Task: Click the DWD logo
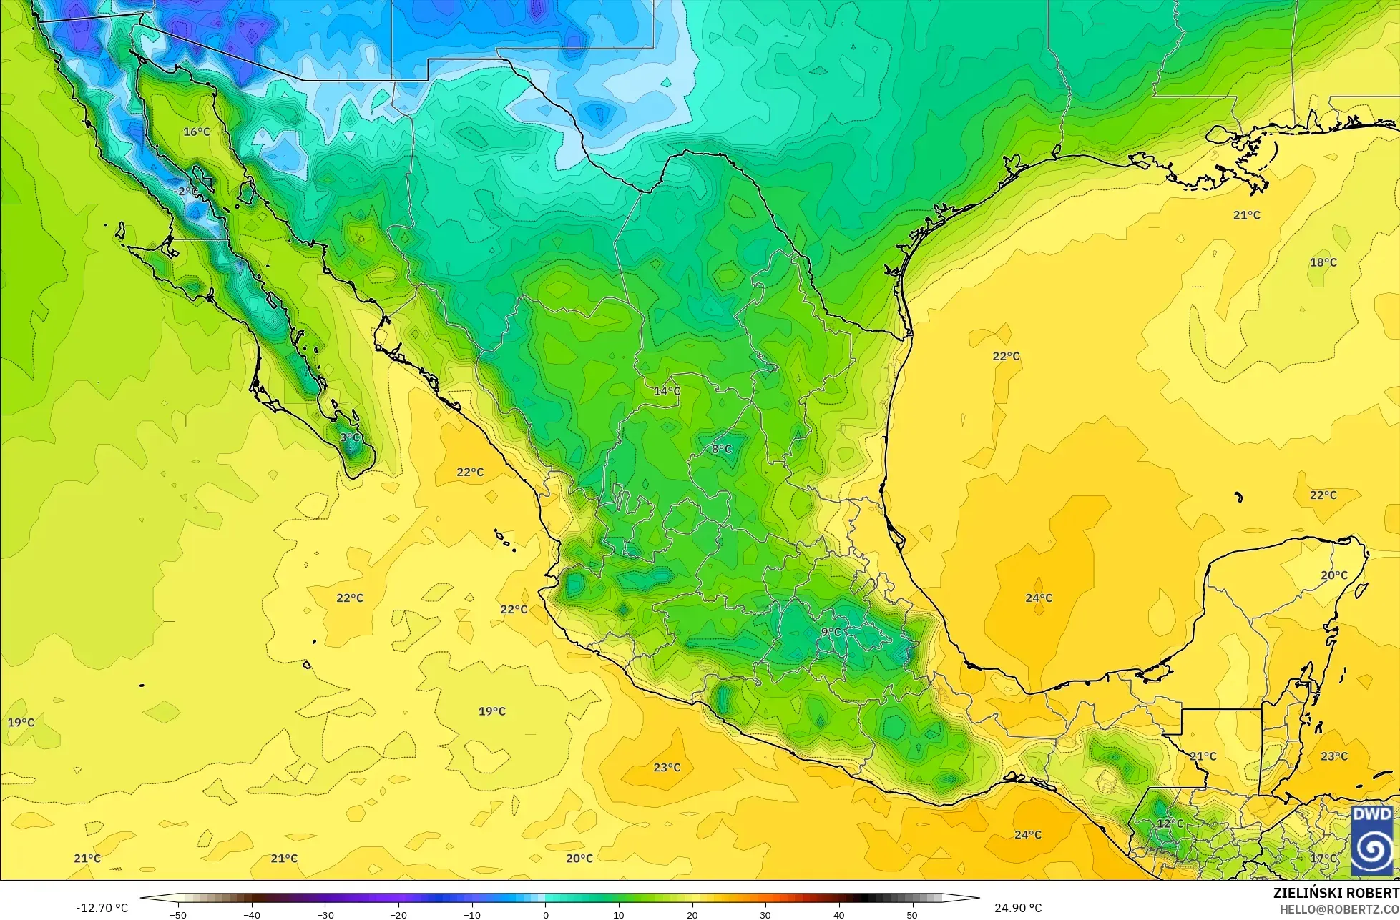tap(1372, 839)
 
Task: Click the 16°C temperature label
tap(197, 132)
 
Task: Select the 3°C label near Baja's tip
tap(350, 437)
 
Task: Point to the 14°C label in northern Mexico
tap(667, 391)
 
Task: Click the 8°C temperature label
tap(721, 449)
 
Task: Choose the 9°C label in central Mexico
tap(831, 632)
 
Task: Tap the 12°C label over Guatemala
tap(1170, 823)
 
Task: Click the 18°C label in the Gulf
tap(1323, 262)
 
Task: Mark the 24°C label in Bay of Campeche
tap(1039, 598)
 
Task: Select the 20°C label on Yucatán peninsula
tap(1333, 575)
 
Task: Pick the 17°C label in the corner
tap(1323, 859)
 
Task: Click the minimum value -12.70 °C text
tap(102, 908)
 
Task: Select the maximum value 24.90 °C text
tap(1018, 908)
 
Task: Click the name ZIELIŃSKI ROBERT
tap(1336, 894)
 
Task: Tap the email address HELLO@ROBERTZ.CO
tap(1339, 909)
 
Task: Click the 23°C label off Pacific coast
tap(667, 768)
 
